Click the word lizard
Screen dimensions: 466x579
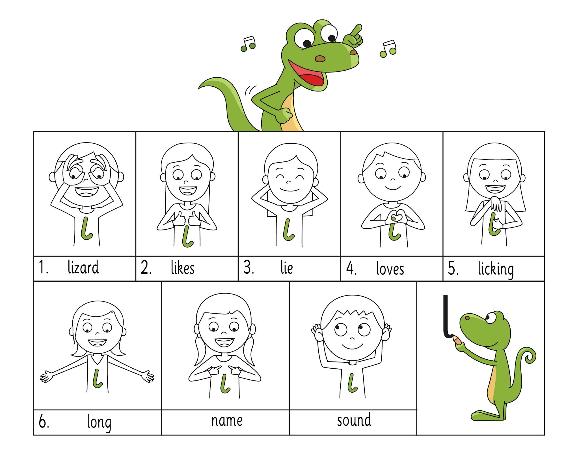[x=83, y=267]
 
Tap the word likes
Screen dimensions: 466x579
[x=183, y=268]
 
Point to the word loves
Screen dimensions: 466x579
[x=390, y=268]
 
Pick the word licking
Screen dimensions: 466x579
[x=496, y=269]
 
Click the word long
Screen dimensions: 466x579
[x=99, y=422]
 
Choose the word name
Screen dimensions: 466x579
[x=227, y=421]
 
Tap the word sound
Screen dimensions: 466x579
[x=354, y=420]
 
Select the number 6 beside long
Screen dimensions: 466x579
[x=44, y=422]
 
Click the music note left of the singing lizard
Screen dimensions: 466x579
[x=249, y=44]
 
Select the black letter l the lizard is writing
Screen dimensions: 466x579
[x=446, y=316]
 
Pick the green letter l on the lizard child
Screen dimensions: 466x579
[x=86, y=228]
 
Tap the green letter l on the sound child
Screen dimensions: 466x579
[x=352, y=383]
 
